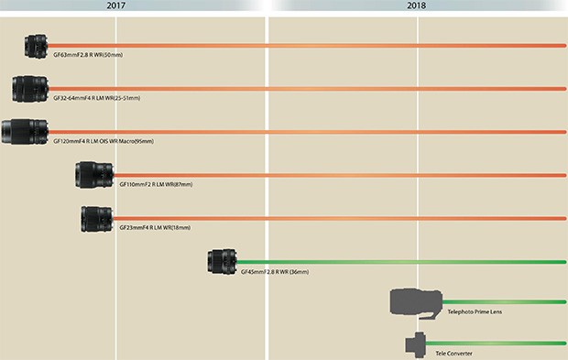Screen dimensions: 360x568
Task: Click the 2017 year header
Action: [116, 5]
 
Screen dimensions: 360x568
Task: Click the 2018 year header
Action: [419, 5]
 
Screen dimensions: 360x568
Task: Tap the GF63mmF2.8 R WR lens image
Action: [37, 45]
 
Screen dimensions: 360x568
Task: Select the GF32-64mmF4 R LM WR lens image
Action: [30, 88]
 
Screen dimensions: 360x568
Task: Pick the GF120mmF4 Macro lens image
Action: [24, 131]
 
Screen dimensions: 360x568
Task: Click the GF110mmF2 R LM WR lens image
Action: [94, 174]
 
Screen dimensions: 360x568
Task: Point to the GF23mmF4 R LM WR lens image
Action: [96, 218]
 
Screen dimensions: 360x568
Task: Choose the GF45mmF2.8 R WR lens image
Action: [223, 262]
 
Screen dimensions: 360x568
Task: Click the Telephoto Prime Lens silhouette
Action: [417, 301]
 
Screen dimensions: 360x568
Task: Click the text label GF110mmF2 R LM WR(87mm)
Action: [156, 184]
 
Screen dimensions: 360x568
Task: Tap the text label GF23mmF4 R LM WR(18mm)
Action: [156, 228]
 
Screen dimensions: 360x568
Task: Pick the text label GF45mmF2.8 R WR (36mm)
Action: [279, 272]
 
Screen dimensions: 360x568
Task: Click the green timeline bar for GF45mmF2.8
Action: [403, 262]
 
